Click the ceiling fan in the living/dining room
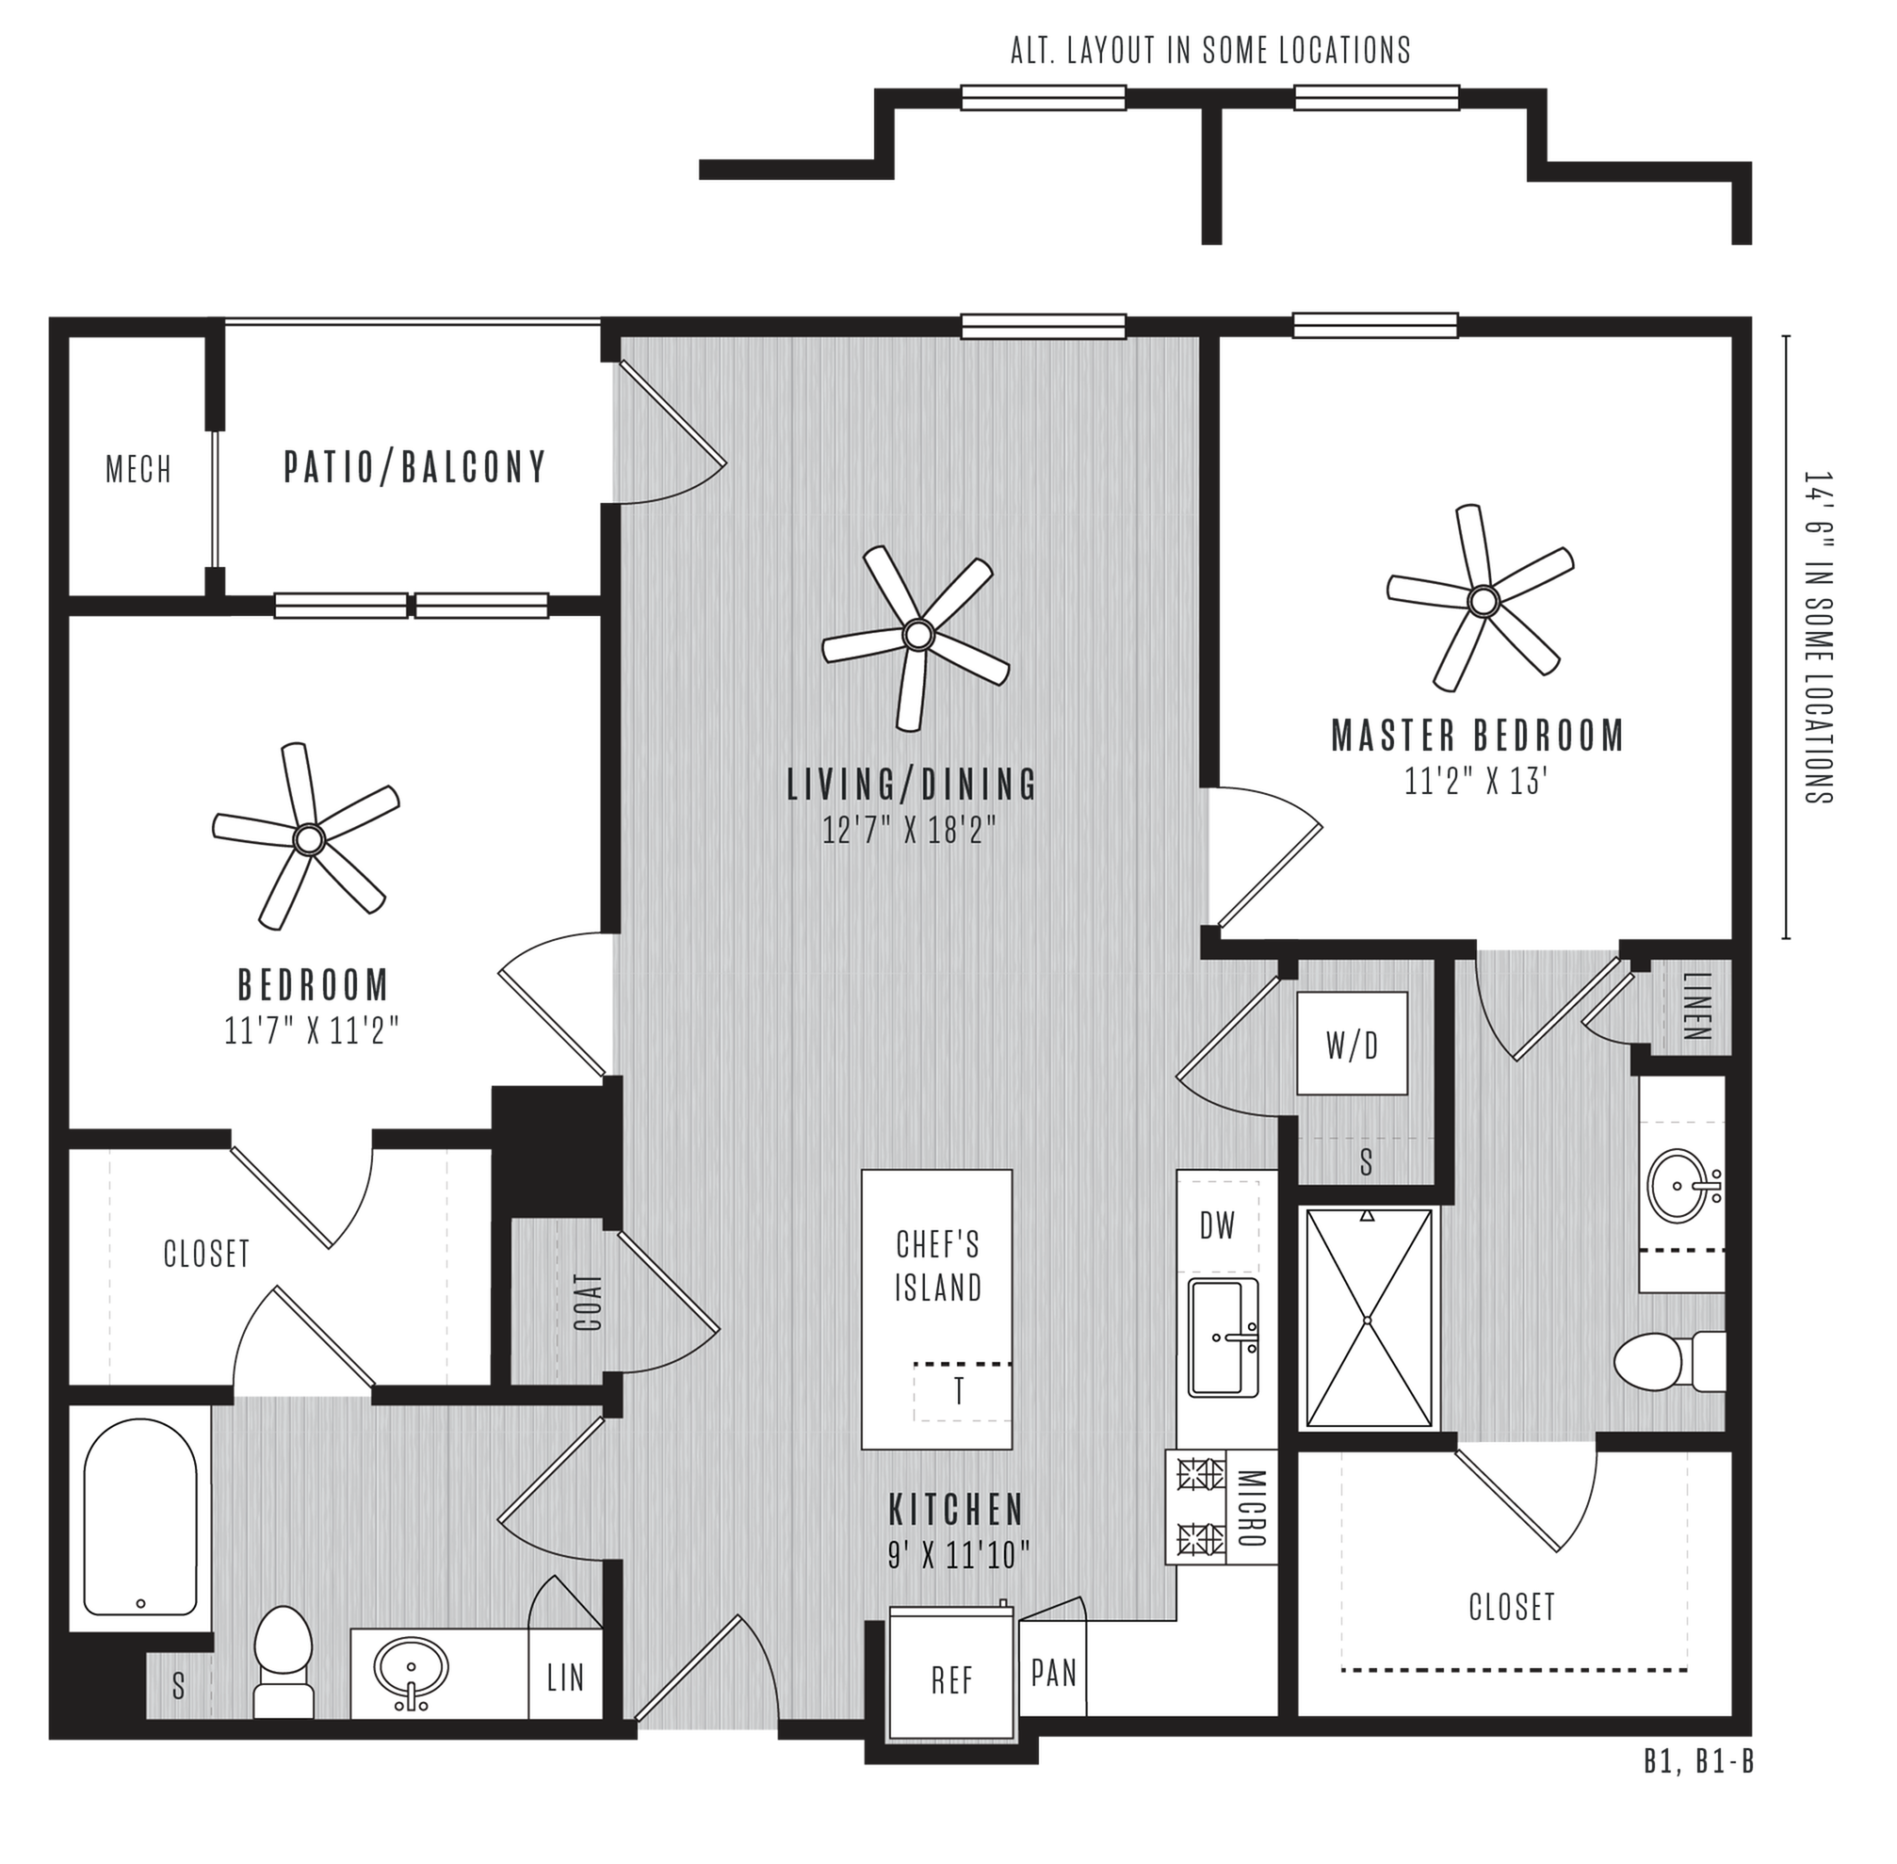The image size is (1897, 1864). coord(916,635)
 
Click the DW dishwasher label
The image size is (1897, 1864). coord(1218,1224)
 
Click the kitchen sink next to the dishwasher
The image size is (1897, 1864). coord(1224,1337)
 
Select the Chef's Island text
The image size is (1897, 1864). coord(938,1267)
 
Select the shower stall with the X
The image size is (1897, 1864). coord(1370,1319)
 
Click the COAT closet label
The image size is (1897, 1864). coord(588,1301)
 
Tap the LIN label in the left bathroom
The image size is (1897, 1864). coord(565,1678)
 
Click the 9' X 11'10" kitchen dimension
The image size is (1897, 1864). coord(958,1556)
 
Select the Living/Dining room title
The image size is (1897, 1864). coord(913,785)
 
